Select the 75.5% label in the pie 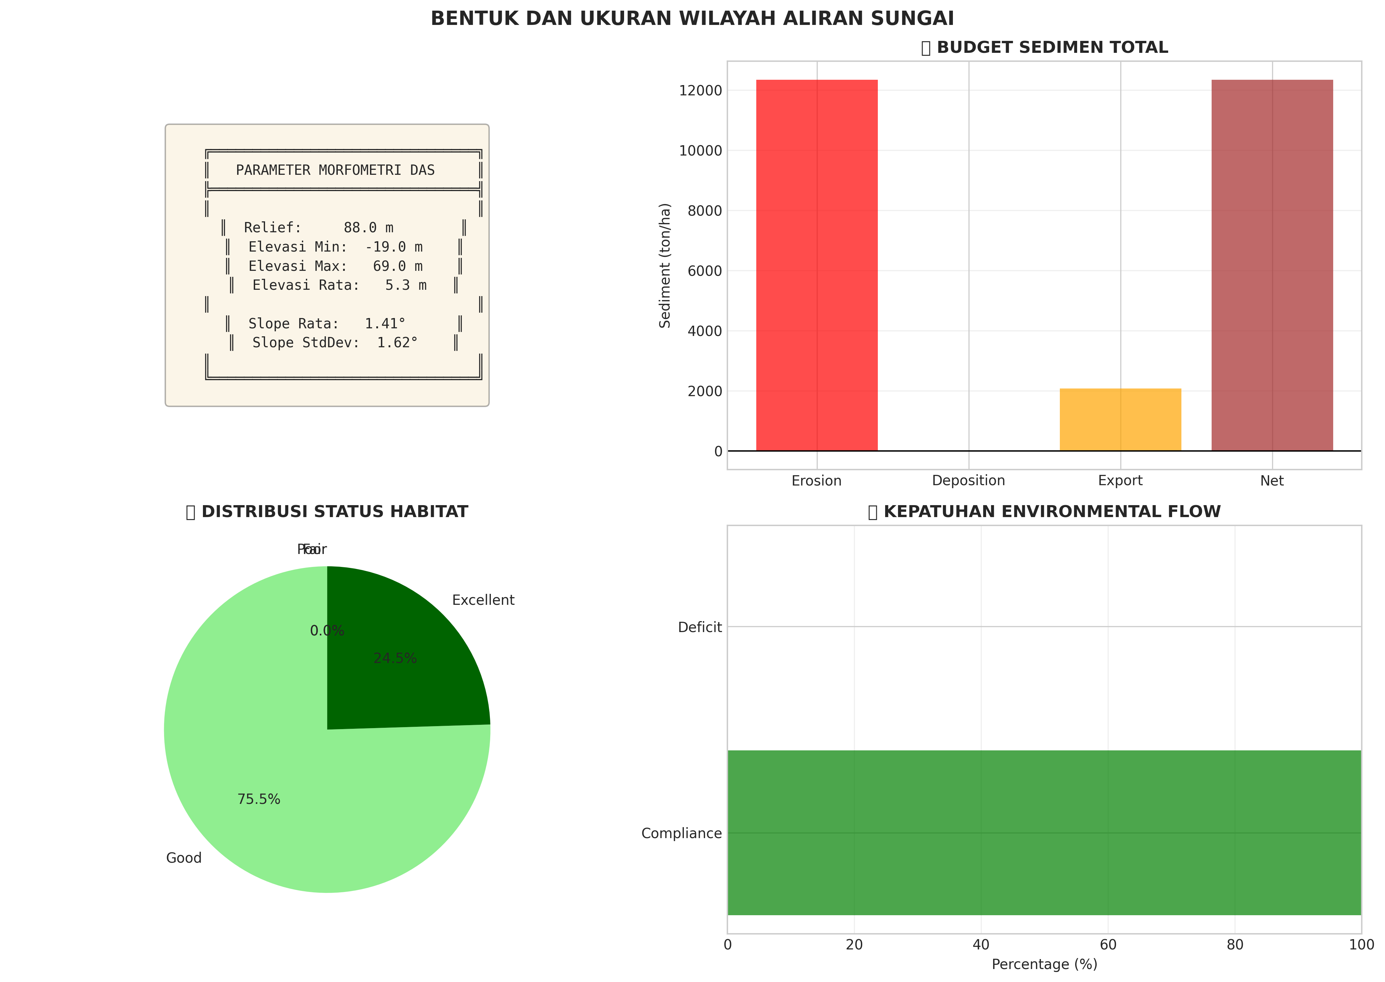click(259, 799)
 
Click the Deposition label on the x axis click(968, 481)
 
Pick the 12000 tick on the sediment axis click(700, 91)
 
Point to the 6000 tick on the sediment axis click(704, 271)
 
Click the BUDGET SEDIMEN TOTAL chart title click(1052, 48)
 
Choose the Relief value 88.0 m click(368, 228)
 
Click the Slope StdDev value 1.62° click(397, 343)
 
